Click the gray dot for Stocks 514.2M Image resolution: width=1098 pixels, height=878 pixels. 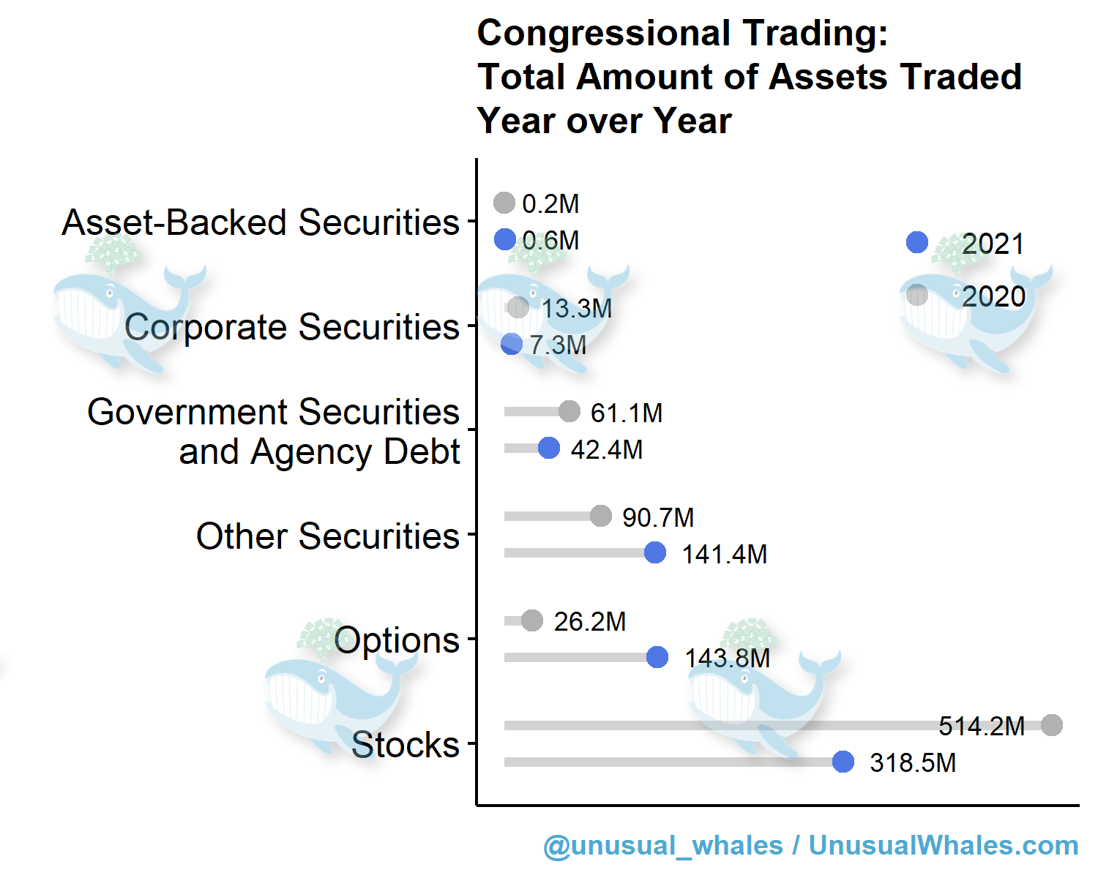1052,725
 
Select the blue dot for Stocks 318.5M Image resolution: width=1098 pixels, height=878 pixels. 843,762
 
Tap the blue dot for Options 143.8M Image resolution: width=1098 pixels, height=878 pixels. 657,657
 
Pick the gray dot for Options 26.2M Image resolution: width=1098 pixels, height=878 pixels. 532,620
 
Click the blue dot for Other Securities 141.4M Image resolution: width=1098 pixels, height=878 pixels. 655,552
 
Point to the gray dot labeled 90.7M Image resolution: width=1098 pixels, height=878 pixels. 601,516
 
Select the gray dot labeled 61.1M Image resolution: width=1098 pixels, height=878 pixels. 569,411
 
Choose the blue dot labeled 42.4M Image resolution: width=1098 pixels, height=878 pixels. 549,448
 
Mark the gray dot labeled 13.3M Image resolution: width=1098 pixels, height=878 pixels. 518,307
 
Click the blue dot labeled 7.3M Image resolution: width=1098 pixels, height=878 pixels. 512,344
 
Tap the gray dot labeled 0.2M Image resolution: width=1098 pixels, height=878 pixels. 504,203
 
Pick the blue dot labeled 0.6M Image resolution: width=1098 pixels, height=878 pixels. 504,239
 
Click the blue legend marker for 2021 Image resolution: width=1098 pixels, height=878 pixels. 917,242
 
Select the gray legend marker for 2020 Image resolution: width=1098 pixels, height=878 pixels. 917,295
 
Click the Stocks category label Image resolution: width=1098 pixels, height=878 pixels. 405,745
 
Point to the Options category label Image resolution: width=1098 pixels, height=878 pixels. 396,640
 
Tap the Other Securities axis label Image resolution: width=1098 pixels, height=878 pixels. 327,536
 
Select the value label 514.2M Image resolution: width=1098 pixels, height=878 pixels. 982,726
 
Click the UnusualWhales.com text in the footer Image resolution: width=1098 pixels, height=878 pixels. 943,845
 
